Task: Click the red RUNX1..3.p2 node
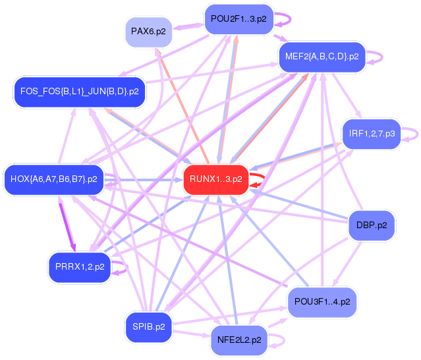tap(215, 179)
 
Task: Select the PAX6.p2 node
tap(148, 32)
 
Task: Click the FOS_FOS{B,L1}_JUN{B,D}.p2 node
tap(79, 92)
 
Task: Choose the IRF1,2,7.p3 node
tap(372, 134)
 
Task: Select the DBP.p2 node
tap(370, 225)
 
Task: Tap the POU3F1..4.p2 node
tap(322, 302)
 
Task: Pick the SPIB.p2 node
tap(148, 326)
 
